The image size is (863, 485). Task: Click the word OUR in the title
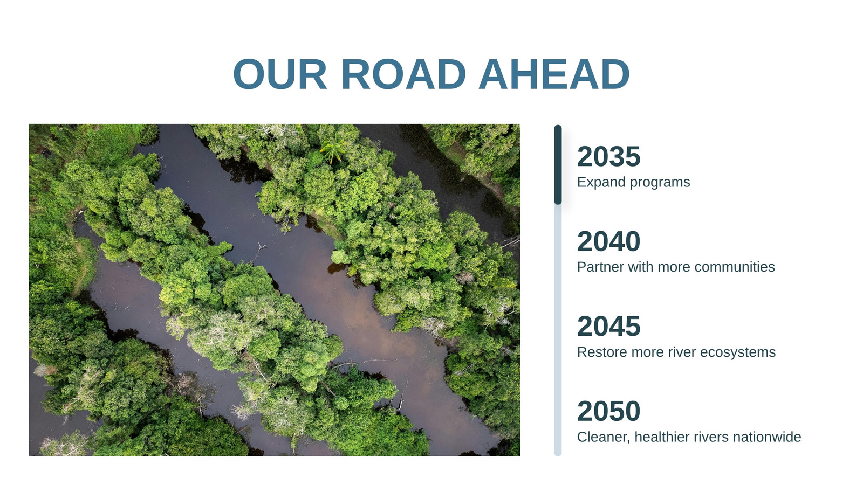(280, 74)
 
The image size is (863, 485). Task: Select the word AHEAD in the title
(554, 74)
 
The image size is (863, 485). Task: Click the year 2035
(609, 156)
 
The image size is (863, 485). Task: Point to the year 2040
(609, 241)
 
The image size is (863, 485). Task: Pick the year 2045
(609, 327)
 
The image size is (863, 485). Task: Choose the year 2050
(609, 411)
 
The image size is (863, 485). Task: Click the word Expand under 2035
(601, 183)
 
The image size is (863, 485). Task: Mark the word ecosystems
(738, 352)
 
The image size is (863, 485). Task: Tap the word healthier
(662, 437)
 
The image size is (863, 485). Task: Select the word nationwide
(767, 437)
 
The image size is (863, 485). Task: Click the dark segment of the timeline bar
(558, 164)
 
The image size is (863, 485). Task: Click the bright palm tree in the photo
(332, 149)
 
